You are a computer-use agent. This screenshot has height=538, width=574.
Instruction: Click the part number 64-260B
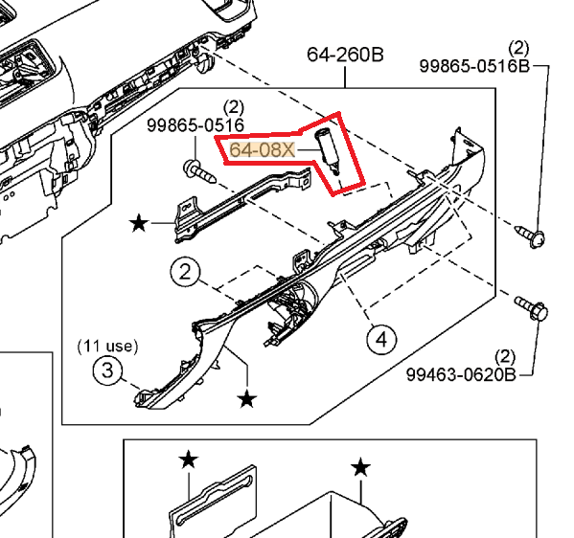[345, 55]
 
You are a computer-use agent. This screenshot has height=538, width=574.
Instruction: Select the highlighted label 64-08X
[261, 150]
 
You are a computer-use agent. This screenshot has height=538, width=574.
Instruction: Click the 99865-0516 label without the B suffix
[195, 125]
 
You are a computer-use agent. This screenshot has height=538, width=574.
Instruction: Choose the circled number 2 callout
[186, 272]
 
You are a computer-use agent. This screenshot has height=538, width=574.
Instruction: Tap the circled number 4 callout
[381, 338]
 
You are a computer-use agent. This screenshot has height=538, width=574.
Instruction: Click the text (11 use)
[107, 344]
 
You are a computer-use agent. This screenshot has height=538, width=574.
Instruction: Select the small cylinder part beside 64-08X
[329, 148]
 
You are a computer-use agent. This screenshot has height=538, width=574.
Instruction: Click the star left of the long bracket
[139, 224]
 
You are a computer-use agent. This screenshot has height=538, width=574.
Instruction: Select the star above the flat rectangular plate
[188, 460]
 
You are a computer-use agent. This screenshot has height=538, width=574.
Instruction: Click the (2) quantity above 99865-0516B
[519, 47]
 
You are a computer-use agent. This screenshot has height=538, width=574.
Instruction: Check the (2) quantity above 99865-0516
[233, 107]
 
